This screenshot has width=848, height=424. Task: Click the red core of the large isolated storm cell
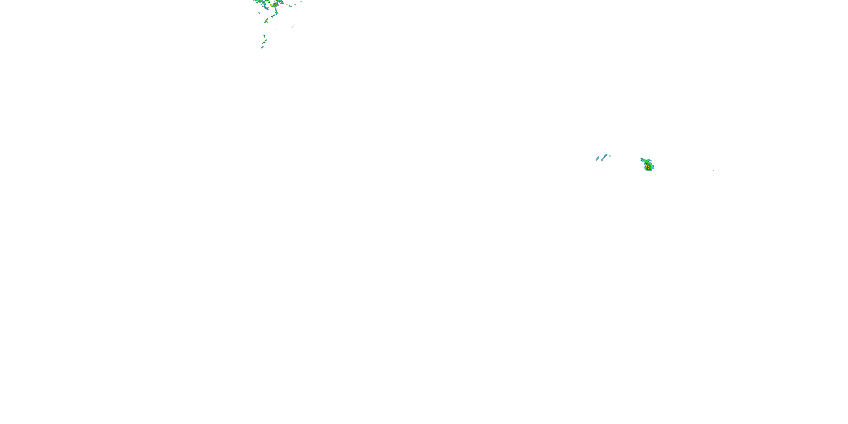coord(648,167)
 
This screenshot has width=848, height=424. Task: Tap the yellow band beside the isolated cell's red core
coord(646,165)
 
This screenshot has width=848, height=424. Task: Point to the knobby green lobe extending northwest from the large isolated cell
coord(642,160)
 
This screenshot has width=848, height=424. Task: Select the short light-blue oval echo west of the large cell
coord(598,158)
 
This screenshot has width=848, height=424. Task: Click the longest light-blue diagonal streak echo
coord(604,157)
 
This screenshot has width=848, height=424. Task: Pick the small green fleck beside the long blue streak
coord(610,156)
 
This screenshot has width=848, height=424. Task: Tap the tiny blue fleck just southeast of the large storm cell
coord(658,170)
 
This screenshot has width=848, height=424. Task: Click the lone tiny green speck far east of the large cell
coord(713,170)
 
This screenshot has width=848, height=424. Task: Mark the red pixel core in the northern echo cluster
coord(272,6)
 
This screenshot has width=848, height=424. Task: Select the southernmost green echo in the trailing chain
coord(262,47)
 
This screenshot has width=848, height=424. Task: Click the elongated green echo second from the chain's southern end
coord(264,42)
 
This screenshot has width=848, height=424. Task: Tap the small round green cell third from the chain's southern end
coord(266,40)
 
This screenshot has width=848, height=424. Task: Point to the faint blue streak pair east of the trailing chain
coord(293,26)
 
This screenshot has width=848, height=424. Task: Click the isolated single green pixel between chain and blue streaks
coord(276,30)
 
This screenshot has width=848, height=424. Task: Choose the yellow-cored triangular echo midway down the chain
coord(267,21)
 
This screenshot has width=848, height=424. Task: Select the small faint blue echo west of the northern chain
coord(259,13)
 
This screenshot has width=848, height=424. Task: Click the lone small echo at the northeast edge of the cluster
coord(301,2)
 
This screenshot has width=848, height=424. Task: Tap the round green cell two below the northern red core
coord(276,12)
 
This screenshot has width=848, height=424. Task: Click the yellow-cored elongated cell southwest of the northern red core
coord(265,8)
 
